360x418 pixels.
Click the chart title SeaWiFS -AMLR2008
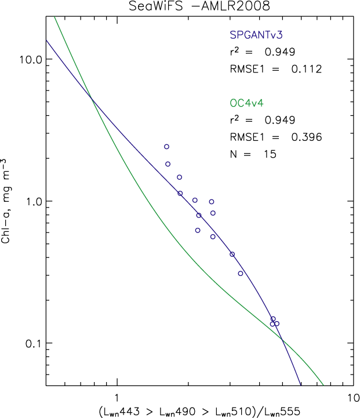(180, 6)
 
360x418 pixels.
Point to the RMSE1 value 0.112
(306, 69)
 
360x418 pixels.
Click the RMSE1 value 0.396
(306, 137)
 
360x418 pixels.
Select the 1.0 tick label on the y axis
(32, 201)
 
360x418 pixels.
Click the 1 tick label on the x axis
(118, 397)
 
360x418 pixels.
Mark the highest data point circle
(166, 147)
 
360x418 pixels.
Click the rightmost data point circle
(277, 324)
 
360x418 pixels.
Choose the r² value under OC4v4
(281, 121)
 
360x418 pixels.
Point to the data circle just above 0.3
(241, 273)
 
